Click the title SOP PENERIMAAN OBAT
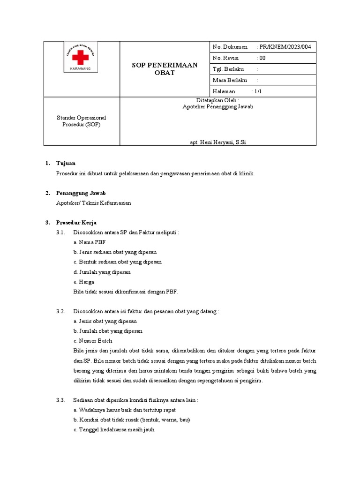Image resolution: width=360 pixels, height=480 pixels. coord(164,69)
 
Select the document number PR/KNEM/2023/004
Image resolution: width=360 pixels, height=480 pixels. coord(287,47)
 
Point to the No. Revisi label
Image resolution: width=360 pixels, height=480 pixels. coord(225,58)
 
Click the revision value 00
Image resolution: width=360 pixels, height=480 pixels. coord(262,58)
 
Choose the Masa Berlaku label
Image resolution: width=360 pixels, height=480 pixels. coord(230,80)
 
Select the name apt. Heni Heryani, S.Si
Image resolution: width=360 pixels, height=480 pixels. coord(217,142)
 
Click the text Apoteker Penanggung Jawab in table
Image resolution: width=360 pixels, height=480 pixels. coord(217,106)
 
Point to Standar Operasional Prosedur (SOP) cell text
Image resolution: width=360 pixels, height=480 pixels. coord(82,121)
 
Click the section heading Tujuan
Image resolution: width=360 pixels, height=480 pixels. coord(66,163)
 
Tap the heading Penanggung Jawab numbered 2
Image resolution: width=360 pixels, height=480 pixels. coord(81,193)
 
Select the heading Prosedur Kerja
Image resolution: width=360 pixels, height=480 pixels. coord(76,222)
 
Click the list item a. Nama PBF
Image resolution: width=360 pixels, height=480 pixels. coord(90,242)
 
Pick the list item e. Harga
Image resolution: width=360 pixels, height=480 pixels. coord(84,282)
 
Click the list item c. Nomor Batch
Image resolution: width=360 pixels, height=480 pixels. coord(93,341)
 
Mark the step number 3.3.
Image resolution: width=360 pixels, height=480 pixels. coord(60,400)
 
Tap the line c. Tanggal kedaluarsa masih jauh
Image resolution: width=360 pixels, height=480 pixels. coord(114,429)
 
